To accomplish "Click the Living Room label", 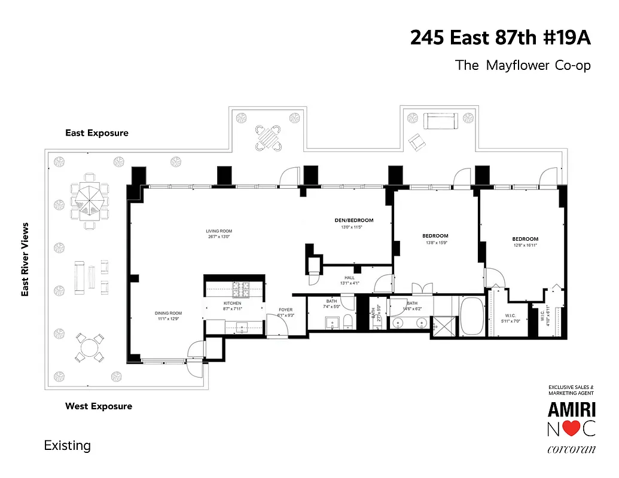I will coord(219,231).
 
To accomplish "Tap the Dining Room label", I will coord(167,313).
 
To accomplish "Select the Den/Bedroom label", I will coord(353,220).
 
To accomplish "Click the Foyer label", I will coord(285,310).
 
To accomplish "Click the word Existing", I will coord(68,446).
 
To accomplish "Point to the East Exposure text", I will coord(97,133).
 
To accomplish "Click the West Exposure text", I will coord(99,406).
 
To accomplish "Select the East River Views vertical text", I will coord(25,259).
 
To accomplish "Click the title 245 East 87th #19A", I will coord(500,38).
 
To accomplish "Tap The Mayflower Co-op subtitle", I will coord(523,65).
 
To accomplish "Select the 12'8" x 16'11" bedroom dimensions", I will coord(525,245).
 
